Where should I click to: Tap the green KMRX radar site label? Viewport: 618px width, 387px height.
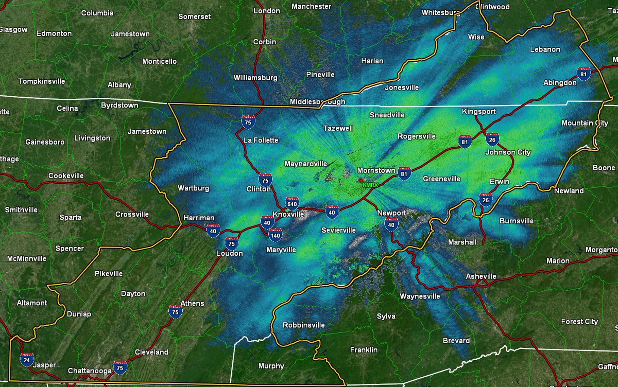click(371, 184)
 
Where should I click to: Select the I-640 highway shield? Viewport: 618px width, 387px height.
click(291, 202)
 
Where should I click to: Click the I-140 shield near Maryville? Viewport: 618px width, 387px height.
click(274, 235)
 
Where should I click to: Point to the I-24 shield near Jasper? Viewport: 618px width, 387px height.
click(27, 359)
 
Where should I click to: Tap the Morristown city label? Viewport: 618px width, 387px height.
click(376, 170)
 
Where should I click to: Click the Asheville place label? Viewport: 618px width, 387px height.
click(480, 276)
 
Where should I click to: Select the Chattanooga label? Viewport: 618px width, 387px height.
click(90, 371)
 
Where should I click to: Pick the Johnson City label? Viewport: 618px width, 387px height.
click(508, 152)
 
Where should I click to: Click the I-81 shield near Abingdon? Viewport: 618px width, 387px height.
click(583, 74)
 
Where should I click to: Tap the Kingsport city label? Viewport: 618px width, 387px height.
click(478, 111)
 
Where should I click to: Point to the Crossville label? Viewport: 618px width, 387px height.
click(132, 214)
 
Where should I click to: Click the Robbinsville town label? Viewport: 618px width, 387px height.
click(304, 325)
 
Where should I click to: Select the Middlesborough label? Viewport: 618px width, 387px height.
click(317, 102)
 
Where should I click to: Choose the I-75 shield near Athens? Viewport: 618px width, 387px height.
click(176, 311)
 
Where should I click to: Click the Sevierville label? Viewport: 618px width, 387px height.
click(339, 230)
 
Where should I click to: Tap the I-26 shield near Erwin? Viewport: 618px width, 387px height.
click(485, 199)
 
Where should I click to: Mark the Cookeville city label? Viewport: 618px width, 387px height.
click(66, 175)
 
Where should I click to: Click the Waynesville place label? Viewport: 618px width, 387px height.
click(420, 296)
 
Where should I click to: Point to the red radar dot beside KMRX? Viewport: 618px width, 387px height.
click(360, 180)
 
